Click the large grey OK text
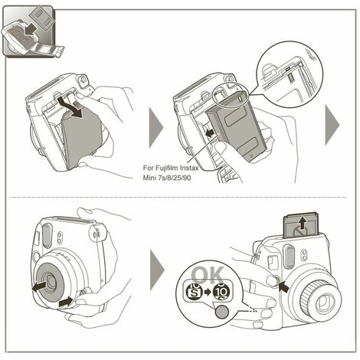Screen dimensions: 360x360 (x=208, y=275)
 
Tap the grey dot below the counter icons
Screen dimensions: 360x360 (x=221, y=312)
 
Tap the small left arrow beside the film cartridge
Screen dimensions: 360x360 (x=211, y=133)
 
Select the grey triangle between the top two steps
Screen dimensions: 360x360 (x=156, y=127)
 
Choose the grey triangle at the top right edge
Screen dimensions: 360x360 (x=332, y=126)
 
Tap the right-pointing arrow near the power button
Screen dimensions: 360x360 (x=67, y=303)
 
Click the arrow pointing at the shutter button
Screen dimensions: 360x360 (x=284, y=287)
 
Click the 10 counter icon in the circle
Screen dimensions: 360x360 (x=221, y=291)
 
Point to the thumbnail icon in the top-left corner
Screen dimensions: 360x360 (x=30, y=31)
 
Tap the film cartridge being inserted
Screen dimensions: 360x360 (x=236, y=127)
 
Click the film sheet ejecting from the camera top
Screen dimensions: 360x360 (x=302, y=224)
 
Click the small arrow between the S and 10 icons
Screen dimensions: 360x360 (x=208, y=292)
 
